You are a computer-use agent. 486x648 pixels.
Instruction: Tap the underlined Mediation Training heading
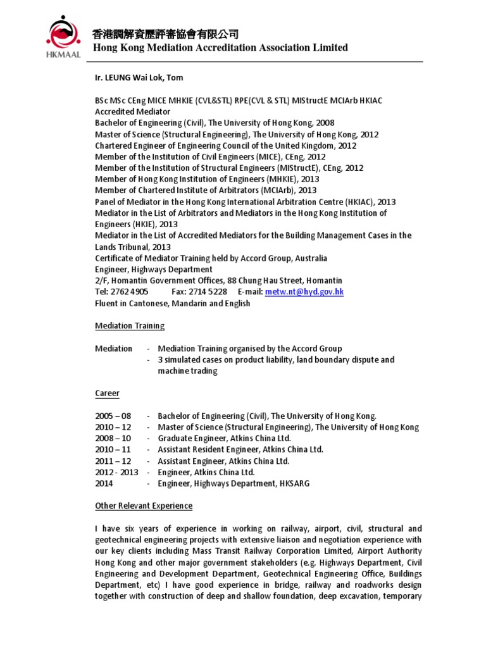(129, 326)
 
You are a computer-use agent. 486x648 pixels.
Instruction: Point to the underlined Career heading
(107, 393)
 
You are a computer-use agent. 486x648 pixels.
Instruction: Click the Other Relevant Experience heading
(144, 506)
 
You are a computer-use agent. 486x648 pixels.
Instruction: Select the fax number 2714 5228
(208, 292)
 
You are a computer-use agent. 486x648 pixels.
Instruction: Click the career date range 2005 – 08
(113, 416)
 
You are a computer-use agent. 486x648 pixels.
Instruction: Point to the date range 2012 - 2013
(116, 472)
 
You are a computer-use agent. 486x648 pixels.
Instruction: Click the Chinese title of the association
(165, 34)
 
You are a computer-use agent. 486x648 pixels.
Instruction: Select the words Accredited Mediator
(132, 111)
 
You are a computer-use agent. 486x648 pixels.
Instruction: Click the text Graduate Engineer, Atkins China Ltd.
(224, 438)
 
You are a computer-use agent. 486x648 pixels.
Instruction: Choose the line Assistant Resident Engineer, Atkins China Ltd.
(240, 449)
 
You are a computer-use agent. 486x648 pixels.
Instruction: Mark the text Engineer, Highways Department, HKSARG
(234, 483)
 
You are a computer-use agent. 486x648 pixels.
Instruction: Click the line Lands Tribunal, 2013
(132, 247)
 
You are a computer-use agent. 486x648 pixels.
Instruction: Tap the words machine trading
(187, 371)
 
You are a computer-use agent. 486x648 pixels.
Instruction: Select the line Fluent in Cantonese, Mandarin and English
(172, 303)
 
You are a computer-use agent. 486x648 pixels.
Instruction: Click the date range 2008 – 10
(113, 438)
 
